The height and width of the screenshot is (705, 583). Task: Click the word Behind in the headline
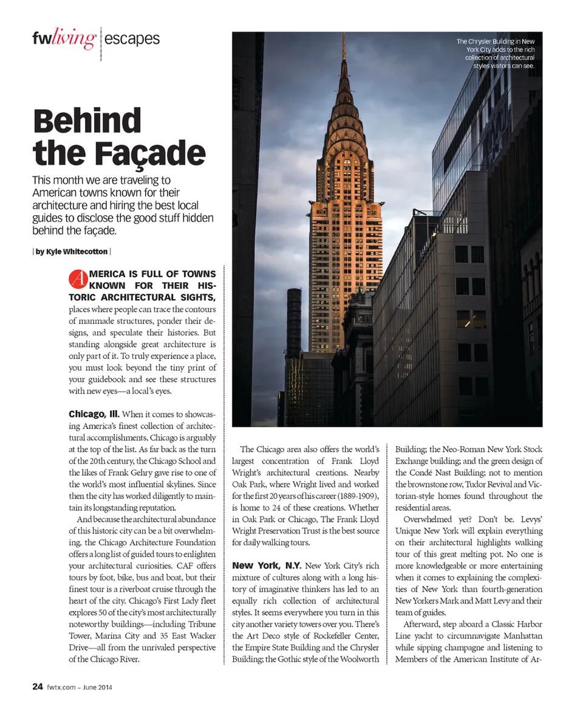[x=87, y=121]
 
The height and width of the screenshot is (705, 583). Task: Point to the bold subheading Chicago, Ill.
[x=94, y=414]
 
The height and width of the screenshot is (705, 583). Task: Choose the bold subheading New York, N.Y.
[x=267, y=566]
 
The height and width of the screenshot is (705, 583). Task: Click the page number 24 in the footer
[x=37, y=687]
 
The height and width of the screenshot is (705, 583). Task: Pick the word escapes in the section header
[x=132, y=40]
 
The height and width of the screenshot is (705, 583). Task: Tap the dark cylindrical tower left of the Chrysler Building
[x=294, y=322]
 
